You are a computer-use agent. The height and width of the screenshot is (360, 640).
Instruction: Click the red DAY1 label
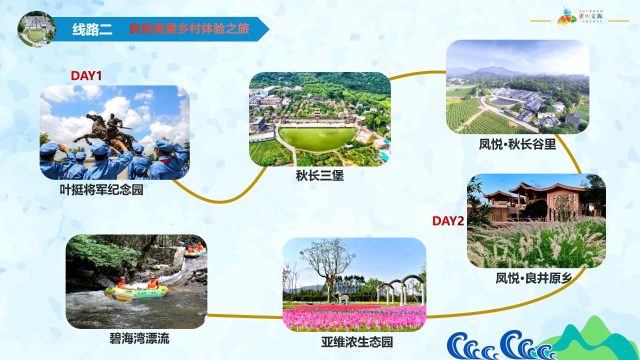click(86, 76)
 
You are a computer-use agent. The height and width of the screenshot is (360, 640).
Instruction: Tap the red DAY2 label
click(448, 221)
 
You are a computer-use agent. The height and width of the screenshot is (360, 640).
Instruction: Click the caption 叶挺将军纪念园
click(101, 190)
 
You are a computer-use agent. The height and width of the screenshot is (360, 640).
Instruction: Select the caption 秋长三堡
click(319, 176)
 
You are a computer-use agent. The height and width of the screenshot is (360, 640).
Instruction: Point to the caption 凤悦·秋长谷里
click(517, 144)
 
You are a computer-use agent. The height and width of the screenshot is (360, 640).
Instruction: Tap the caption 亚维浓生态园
click(357, 342)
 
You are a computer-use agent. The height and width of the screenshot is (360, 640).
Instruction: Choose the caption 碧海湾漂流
click(139, 338)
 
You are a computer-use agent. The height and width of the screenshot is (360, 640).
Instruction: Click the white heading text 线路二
click(92, 29)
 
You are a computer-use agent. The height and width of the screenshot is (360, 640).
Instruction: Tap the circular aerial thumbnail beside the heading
click(36, 29)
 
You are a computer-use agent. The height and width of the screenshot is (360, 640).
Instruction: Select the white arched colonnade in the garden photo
click(400, 288)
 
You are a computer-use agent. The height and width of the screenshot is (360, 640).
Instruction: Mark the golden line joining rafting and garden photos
click(245, 316)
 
